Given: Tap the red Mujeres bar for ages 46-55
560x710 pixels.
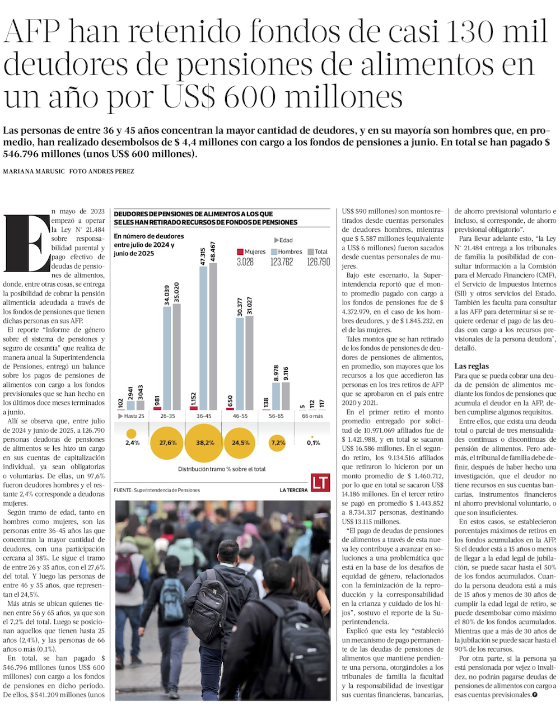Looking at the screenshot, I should tap(229, 408).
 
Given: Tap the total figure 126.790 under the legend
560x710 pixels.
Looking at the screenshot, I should tap(319, 262).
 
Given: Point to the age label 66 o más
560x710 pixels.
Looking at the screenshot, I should tap(312, 416).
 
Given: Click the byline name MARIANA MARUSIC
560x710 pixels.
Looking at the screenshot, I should tap(34, 171).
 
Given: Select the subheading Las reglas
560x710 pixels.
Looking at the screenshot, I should tap(472, 366).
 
